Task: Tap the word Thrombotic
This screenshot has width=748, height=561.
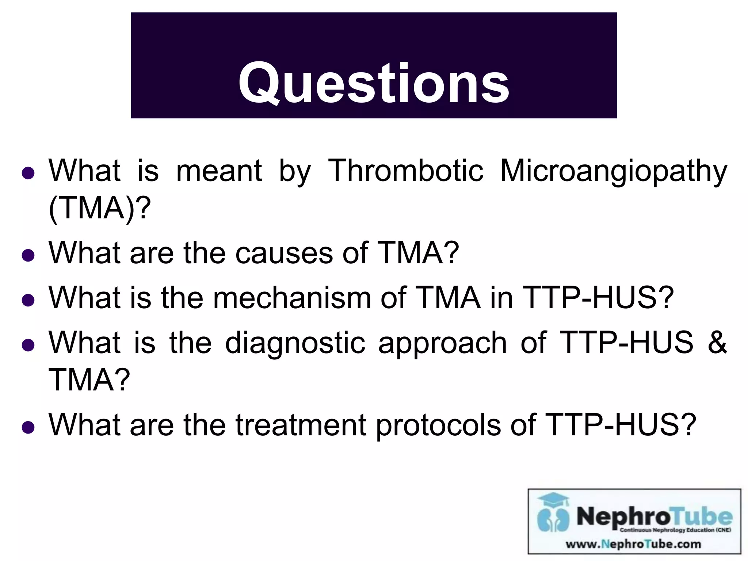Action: pos(405,171)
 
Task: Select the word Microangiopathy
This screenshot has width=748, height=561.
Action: pos(613,171)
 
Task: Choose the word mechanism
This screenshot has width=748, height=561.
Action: pos(292,298)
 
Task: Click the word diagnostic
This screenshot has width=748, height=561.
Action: pos(295,343)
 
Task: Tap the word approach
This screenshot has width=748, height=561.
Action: pos(442,343)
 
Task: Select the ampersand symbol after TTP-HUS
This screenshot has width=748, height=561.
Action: pos(717,342)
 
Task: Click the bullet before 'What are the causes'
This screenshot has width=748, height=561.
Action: pos(28,255)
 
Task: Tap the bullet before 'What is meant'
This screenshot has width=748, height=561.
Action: pos(28,173)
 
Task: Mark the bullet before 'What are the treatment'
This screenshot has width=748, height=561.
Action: pos(28,427)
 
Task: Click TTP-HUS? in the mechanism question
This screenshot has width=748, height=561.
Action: pos(598,298)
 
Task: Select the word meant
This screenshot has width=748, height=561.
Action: pos(219,171)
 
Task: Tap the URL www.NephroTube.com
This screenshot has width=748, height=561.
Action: pos(633,544)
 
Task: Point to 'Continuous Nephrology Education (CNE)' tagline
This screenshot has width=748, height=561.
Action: pos(675,530)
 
